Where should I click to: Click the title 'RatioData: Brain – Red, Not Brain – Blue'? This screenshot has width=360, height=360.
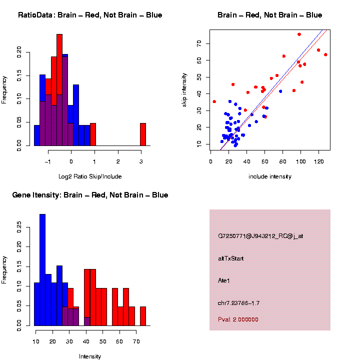pyautogui.click(x=90, y=15)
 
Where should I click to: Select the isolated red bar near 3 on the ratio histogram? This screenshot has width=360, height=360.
pyautogui.click(x=143, y=134)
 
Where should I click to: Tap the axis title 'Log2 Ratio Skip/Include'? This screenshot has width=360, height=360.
pyautogui.click(x=89, y=176)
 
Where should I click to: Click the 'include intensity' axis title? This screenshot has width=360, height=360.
pyautogui.click(x=270, y=176)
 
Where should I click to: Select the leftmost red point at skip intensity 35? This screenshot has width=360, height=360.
pyautogui.click(x=214, y=101)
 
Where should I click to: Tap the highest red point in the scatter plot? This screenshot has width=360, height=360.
pyautogui.click(x=299, y=34)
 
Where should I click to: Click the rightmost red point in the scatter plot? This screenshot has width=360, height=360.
pyautogui.click(x=325, y=54)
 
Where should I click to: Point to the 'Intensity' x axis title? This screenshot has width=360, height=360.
pyautogui.click(x=90, y=356)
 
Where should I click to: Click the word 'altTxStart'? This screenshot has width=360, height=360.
pyautogui.click(x=230, y=258)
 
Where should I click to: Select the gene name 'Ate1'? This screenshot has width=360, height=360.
pyautogui.click(x=224, y=280)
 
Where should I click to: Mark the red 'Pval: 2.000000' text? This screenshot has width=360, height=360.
pyautogui.click(x=238, y=319)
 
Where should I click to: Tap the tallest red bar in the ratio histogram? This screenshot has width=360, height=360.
pyautogui.click(x=59, y=90)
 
